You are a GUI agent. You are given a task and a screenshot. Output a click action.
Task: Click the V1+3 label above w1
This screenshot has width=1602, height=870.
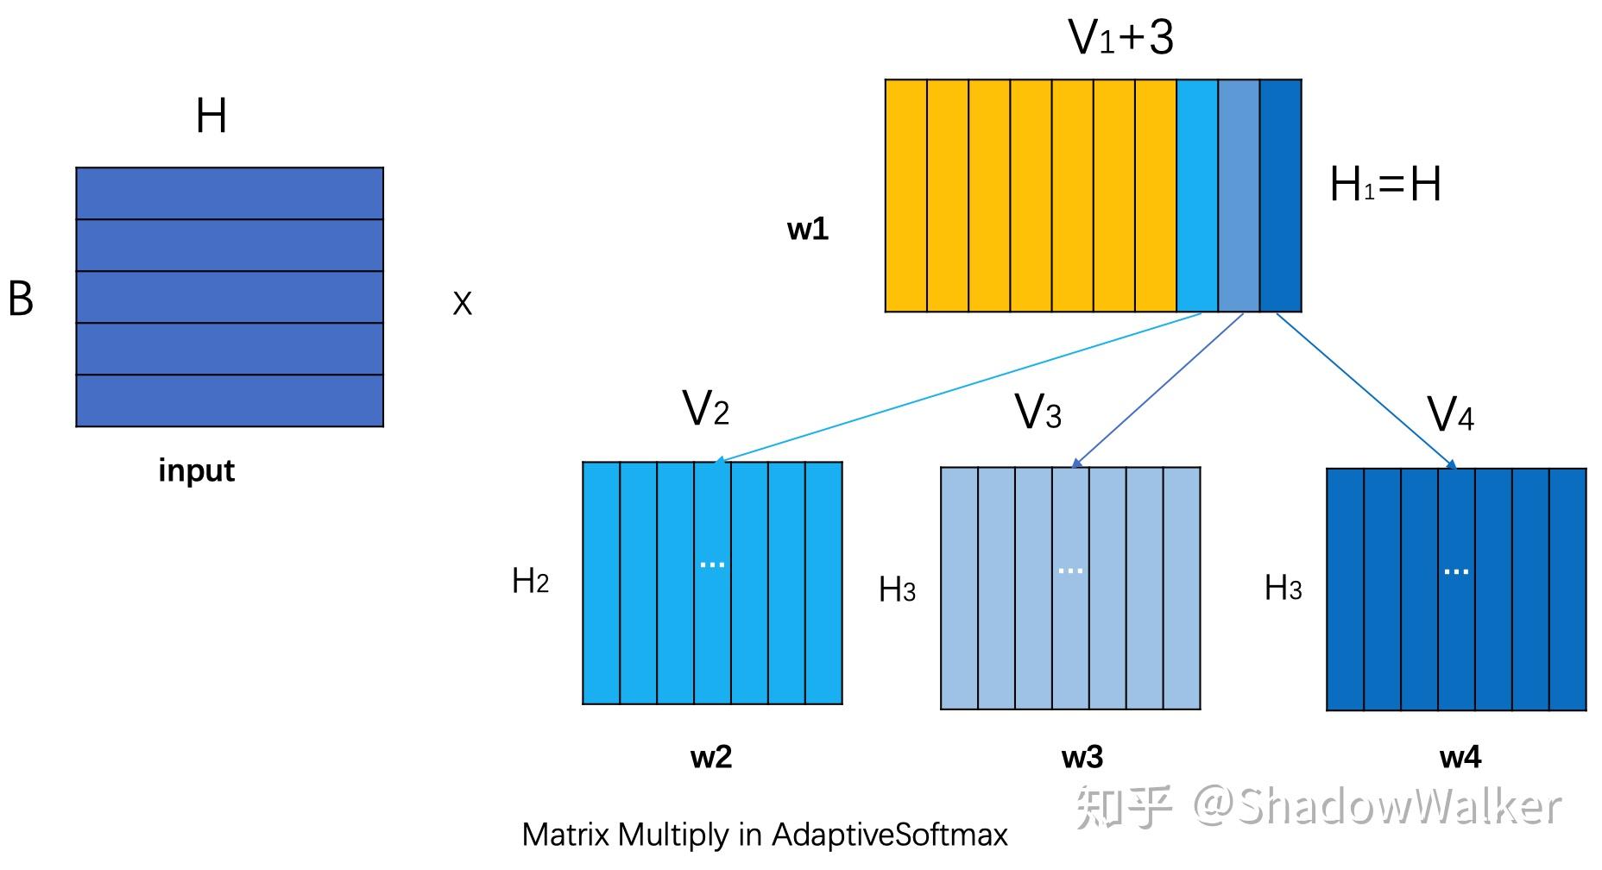[1120, 38]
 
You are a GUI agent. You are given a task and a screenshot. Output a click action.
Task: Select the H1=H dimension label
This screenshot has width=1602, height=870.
[1384, 185]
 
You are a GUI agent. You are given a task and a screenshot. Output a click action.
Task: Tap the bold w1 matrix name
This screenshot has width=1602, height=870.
[808, 229]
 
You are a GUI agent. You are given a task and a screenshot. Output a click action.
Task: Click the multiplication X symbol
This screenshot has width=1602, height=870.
[463, 304]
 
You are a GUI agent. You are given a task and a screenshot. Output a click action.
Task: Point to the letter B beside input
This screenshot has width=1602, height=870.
[21, 299]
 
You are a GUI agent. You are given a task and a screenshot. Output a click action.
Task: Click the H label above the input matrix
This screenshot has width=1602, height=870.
[211, 117]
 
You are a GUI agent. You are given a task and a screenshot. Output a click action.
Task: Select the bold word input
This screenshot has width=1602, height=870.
[196, 471]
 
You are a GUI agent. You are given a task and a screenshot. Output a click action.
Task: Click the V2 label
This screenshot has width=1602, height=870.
[705, 408]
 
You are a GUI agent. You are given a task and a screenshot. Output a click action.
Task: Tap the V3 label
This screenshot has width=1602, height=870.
[1038, 413]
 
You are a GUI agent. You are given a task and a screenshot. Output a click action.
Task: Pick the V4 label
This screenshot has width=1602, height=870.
[1450, 415]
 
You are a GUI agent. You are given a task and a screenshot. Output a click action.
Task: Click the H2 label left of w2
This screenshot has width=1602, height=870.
[530, 582]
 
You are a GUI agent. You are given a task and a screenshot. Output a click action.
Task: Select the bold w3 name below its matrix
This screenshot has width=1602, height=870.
[1082, 757]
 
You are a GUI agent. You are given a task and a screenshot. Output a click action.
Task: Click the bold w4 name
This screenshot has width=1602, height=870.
[1460, 757]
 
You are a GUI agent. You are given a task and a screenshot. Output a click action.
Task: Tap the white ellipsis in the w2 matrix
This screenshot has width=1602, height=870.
[712, 564]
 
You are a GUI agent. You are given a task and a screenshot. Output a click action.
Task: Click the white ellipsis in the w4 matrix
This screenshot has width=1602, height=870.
[1456, 571]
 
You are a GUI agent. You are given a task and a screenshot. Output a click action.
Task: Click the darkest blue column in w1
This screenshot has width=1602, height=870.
[1280, 196]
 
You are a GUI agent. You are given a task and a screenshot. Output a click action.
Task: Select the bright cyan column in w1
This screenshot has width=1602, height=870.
[1197, 196]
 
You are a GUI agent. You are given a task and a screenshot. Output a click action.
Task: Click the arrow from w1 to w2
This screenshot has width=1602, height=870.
[958, 388]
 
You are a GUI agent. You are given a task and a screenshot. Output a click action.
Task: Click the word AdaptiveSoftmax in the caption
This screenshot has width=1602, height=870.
[889, 835]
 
